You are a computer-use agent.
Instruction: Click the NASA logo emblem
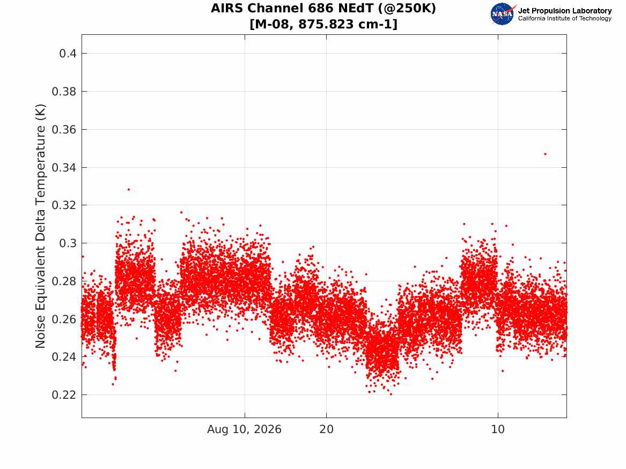(503, 14)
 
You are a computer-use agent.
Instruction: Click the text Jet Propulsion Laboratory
(564, 11)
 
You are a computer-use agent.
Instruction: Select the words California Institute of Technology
(564, 18)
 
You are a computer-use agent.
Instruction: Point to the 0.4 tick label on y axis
(68, 54)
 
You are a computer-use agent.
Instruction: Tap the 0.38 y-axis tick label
(64, 92)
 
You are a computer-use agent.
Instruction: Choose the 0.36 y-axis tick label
(64, 130)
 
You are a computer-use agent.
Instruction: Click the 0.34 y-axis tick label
(64, 167)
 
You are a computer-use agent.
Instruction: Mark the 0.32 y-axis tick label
(64, 205)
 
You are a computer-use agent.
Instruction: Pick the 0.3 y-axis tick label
(68, 243)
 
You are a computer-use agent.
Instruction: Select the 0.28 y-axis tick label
(64, 281)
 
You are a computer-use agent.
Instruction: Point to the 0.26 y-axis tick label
(64, 319)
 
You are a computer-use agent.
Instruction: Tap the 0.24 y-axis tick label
(64, 357)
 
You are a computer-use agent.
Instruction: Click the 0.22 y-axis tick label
(64, 395)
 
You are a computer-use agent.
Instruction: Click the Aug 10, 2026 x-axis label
(244, 429)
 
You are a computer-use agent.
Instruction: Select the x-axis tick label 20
(326, 429)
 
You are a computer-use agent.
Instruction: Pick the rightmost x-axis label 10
(498, 429)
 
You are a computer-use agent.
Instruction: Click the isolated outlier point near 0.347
(546, 154)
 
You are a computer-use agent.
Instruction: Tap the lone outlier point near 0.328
(129, 189)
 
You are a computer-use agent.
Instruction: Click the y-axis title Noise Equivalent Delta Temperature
(40, 226)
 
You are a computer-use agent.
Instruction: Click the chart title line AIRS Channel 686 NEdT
(323, 8)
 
